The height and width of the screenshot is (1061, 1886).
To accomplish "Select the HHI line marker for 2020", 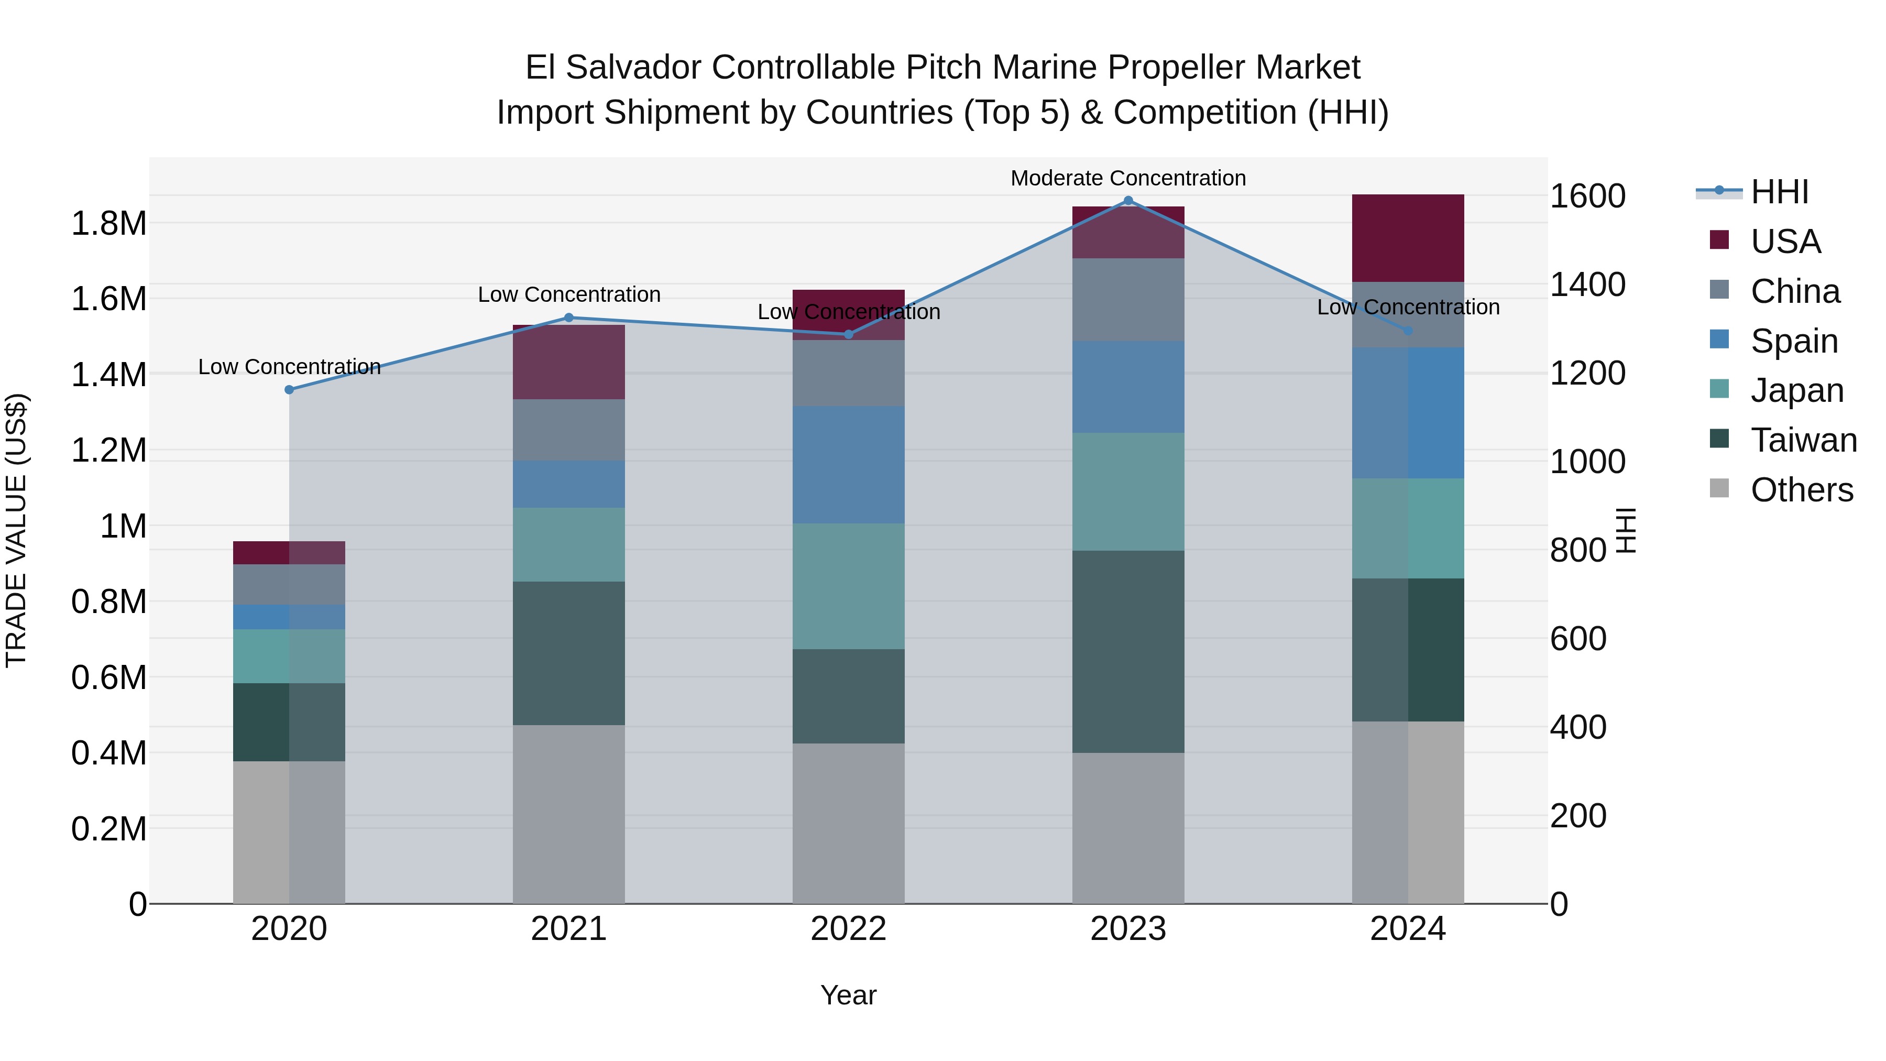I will [x=289, y=389].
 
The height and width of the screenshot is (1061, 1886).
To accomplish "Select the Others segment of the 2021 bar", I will [x=569, y=814].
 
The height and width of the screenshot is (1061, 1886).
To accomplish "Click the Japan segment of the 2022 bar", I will [x=849, y=586].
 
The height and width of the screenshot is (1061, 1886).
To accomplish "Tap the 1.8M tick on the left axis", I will [x=109, y=223].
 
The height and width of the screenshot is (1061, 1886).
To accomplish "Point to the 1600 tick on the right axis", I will [x=1587, y=196].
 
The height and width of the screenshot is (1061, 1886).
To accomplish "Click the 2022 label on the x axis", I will [x=849, y=928].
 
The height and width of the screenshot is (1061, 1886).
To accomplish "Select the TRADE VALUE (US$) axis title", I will [x=16, y=530].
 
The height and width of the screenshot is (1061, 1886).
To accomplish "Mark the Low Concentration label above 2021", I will [x=569, y=294].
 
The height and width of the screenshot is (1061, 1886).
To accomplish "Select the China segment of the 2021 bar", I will [x=569, y=430].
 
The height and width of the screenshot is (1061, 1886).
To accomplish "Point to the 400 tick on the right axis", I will [x=1578, y=727].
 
